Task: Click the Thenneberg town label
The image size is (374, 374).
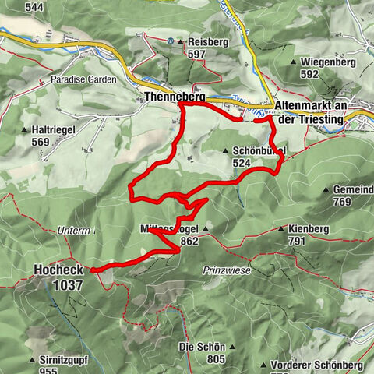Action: [x=173, y=98]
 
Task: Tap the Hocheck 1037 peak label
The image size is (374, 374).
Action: [x=58, y=277]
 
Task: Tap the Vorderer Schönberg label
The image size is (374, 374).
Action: [x=315, y=365]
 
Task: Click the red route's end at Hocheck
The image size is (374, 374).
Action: [x=92, y=270]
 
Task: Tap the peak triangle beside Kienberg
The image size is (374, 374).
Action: [x=280, y=230]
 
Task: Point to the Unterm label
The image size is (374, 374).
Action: [x=75, y=231]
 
